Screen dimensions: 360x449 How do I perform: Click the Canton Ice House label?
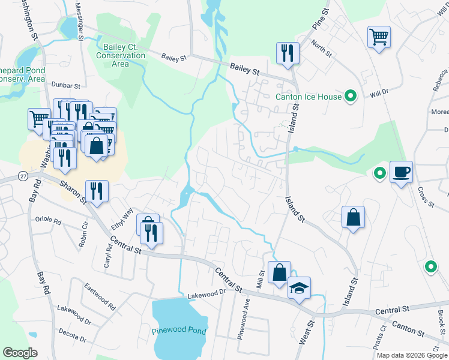pos(308,97)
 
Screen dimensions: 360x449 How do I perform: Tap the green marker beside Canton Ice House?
pos(351,96)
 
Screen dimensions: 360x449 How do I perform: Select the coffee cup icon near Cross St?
pos(402,173)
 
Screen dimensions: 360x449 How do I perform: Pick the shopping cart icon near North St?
pos(379,38)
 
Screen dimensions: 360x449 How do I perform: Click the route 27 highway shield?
pos(23,175)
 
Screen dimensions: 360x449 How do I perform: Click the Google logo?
pos(20,353)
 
